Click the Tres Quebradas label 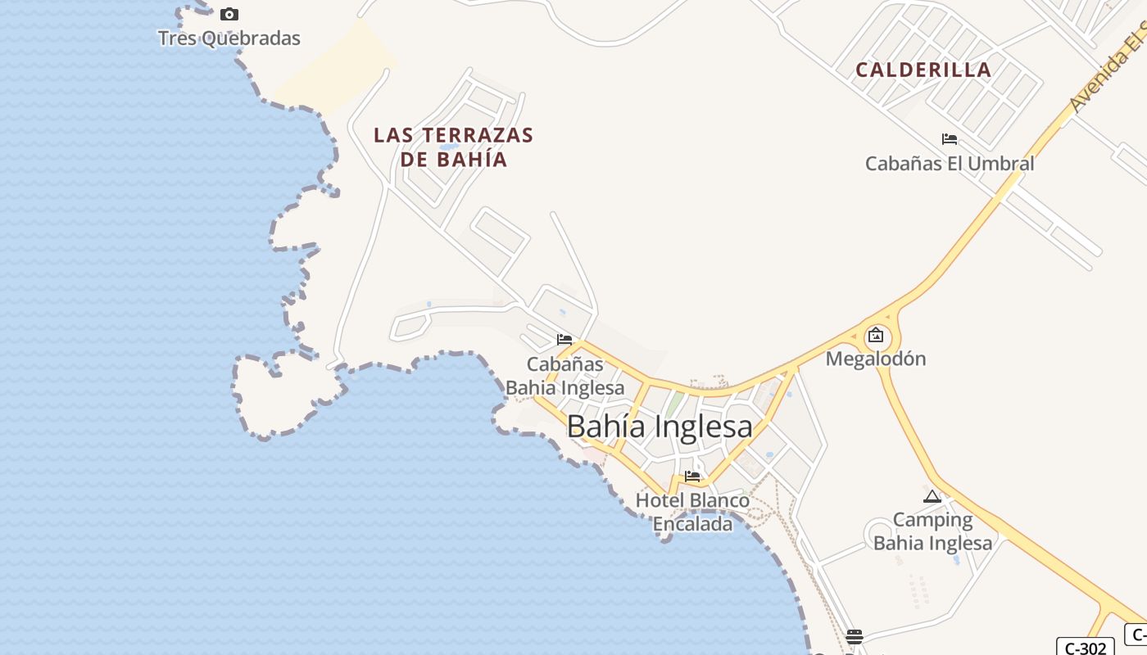[229, 38]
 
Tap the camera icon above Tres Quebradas [229, 14]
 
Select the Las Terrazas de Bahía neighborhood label [453, 147]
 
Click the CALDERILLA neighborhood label [923, 70]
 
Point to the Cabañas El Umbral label [950, 163]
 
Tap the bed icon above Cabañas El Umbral [950, 139]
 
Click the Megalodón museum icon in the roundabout [876, 335]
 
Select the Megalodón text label [876, 359]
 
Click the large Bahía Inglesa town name [660, 427]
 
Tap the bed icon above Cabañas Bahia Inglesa [564, 340]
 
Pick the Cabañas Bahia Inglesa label [565, 376]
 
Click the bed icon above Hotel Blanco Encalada [692, 476]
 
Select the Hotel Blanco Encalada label [692, 512]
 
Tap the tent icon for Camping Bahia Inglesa [932, 496]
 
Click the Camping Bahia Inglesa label [932, 531]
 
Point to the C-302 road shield [1085, 647]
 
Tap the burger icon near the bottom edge [855, 636]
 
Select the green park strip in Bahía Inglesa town [673, 405]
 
